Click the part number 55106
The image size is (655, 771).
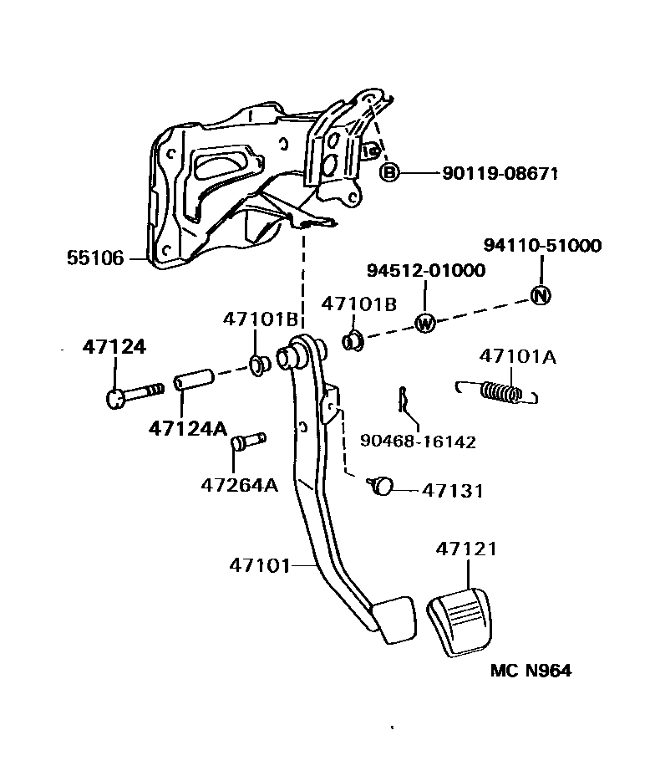tap(95, 258)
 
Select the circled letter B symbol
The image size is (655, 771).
tap(389, 173)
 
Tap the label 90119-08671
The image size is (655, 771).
tap(500, 174)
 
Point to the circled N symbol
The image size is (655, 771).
tap(541, 295)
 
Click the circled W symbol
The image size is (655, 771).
tap(425, 323)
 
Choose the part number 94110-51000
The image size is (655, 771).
tap(542, 246)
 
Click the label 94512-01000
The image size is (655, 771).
tap(425, 271)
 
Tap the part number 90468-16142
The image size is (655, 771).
tap(418, 442)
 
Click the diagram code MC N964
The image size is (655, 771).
tap(531, 671)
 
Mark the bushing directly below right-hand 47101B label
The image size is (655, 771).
tap(354, 340)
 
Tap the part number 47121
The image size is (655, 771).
tap(466, 549)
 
